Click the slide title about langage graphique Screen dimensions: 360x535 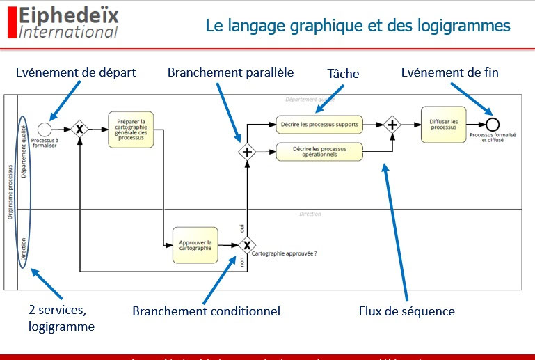pyautogui.click(x=358, y=26)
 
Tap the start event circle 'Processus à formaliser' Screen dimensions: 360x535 pyautogui.click(x=45, y=128)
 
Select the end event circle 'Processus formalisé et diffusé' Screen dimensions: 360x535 pyautogui.click(x=493, y=125)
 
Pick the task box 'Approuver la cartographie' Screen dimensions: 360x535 pyautogui.click(x=195, y=245)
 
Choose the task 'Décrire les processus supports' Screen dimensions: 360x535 pyautogui.click(x=319, y=125)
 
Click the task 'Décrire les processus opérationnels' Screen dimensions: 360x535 pyautogui.click(x=319, y=150)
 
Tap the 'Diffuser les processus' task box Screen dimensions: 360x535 pyautogui.click(x=443, y=125)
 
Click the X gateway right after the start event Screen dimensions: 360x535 pyautogui.click(x=80, y=129)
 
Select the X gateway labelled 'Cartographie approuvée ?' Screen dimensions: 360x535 pyautogui.click(x=246, y=245)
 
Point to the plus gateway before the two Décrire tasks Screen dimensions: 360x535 pyautogui.click(x=246, y=151)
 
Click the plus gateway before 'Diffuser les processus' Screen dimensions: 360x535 pyautogui.click(x=392, y=125)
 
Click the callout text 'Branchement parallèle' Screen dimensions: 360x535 pyautogui.click(x=230, y=72)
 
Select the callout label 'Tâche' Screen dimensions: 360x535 pyautogui.click(x=343, y=73)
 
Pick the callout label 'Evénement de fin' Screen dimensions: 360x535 pyautogui.click(x=449, y=72)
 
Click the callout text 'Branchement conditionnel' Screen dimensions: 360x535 pyautogui.click(x=206, y=311)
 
